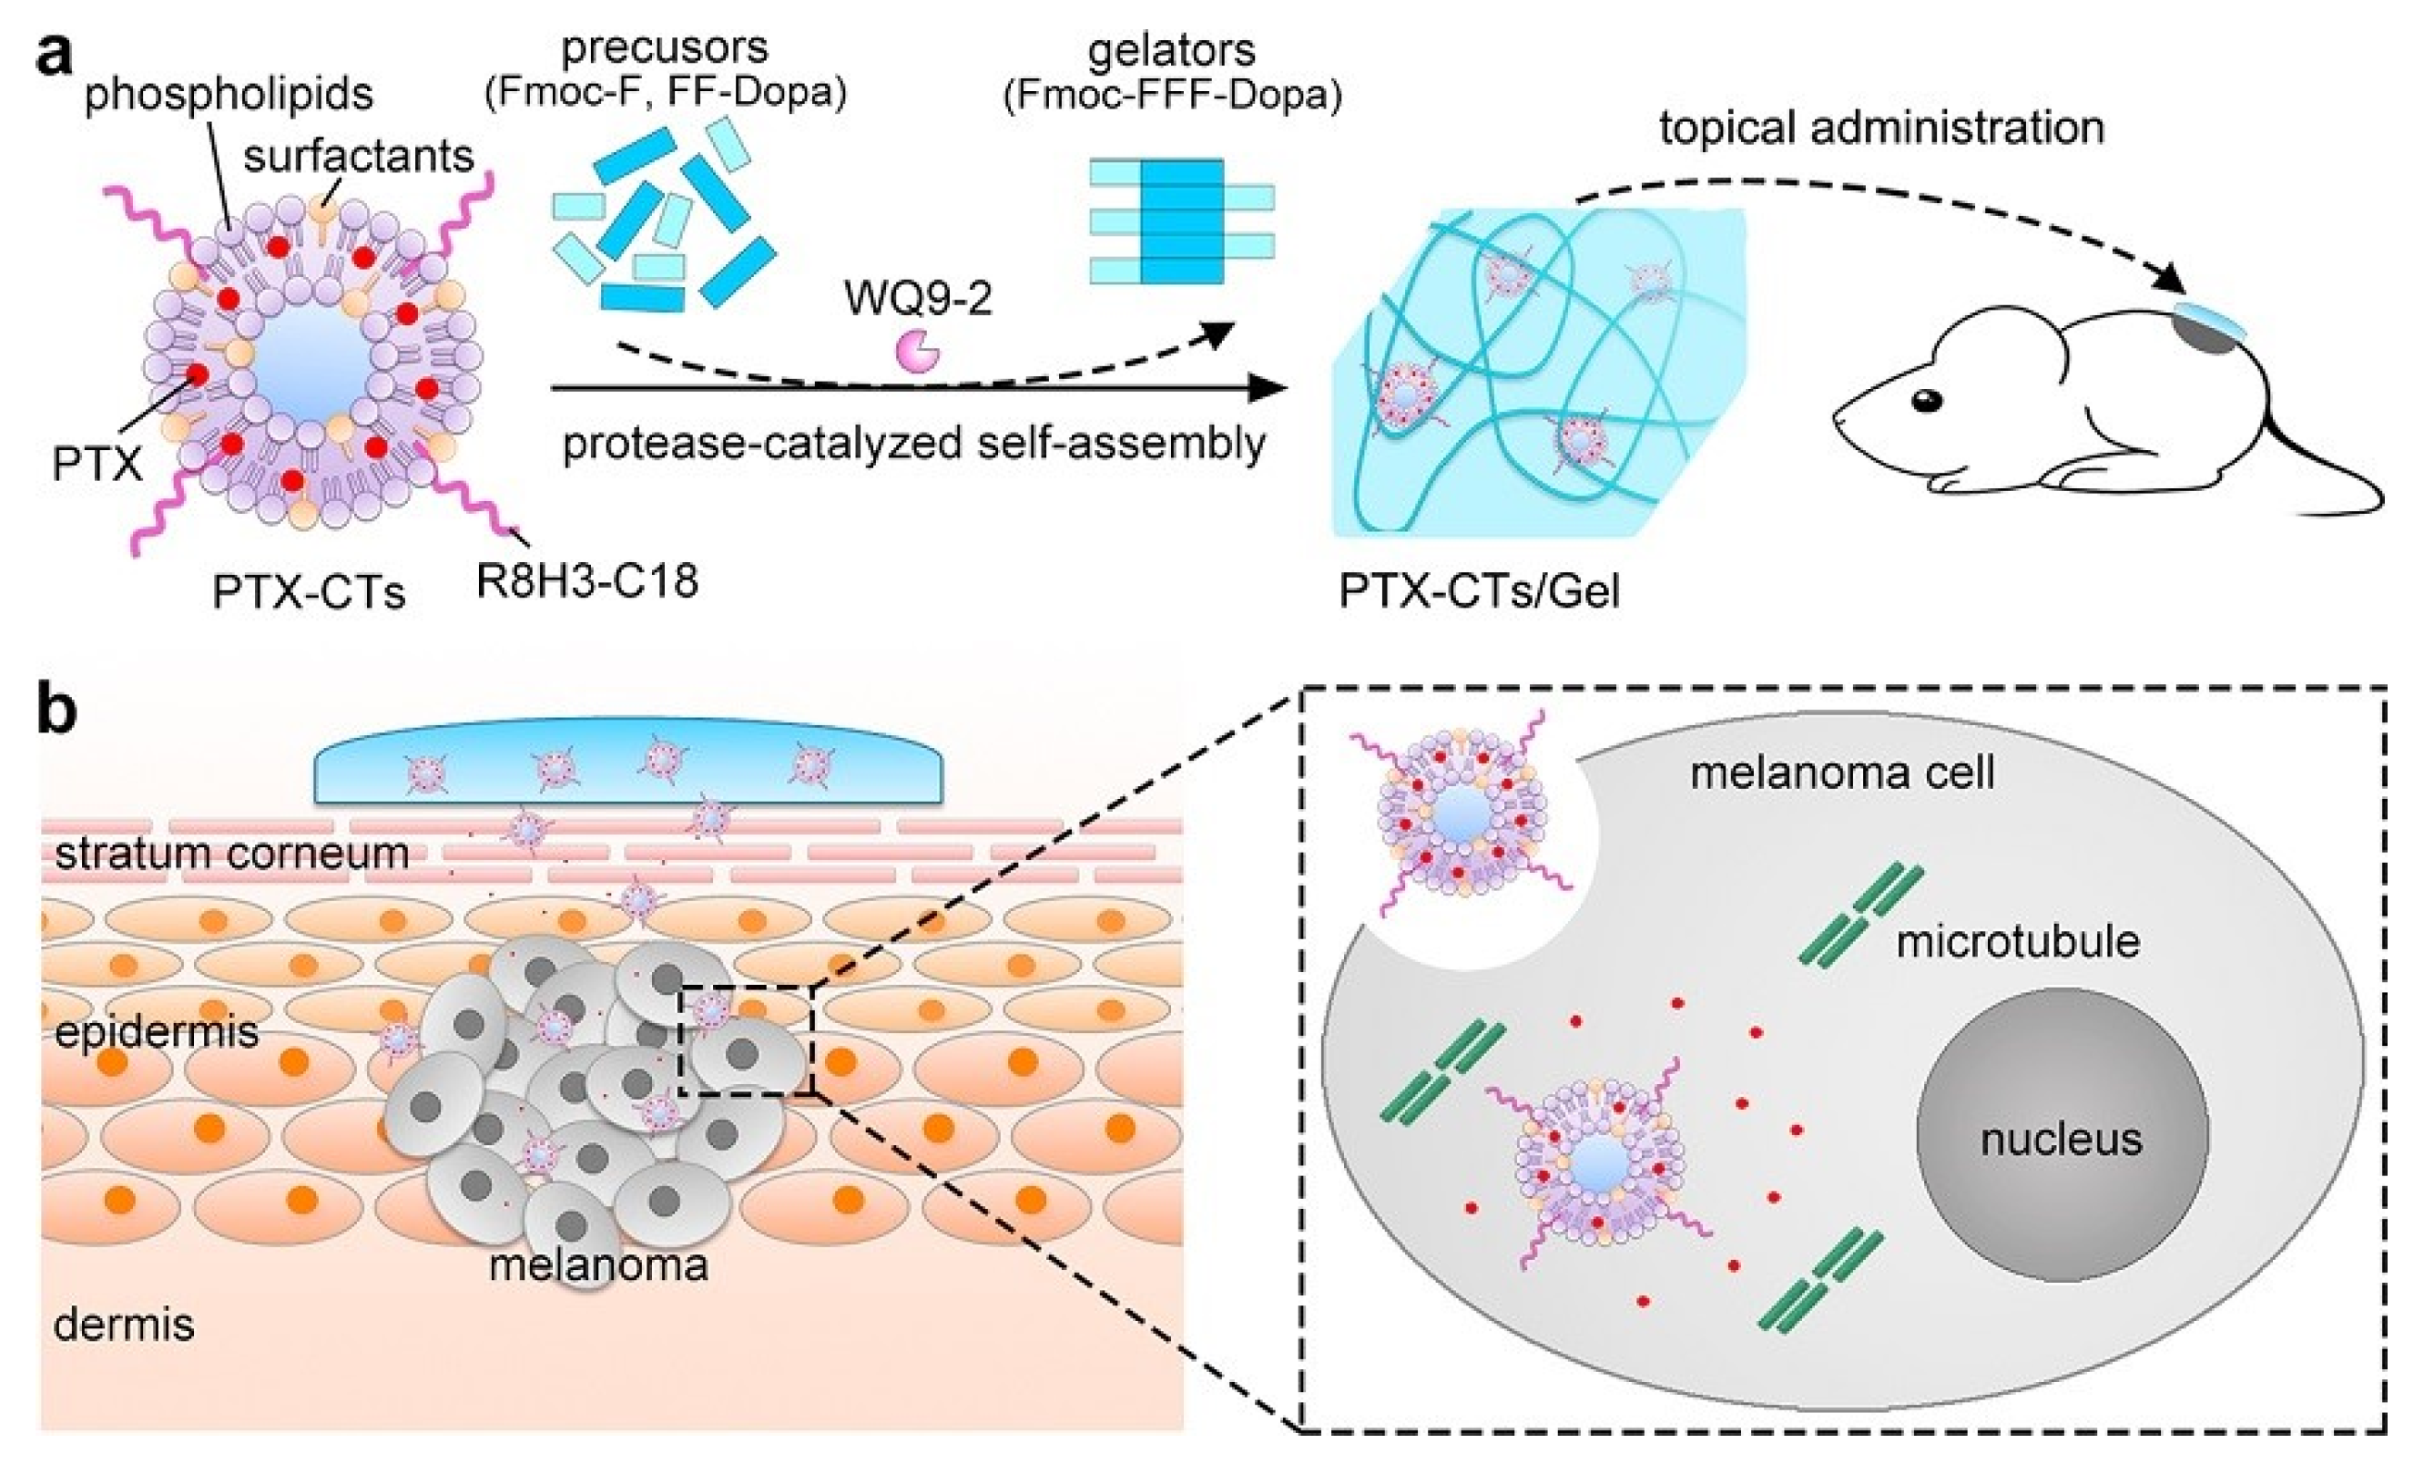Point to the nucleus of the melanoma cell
(x=2062, y=1137)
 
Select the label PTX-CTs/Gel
(x=1480, y=591)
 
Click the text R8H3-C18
(x=586, y=580)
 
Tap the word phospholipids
(x=229, y=95)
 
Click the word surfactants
(x=359, y=156)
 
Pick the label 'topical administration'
(x=1881, y=128)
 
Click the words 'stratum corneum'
(x=231, y=854)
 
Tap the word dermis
(x=124, y=1324)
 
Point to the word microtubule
(x=2017, y=942)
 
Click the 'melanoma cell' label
(x=1842, y=773)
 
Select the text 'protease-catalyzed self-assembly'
(x=913, y=443)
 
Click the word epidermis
(x=157, y=1032)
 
